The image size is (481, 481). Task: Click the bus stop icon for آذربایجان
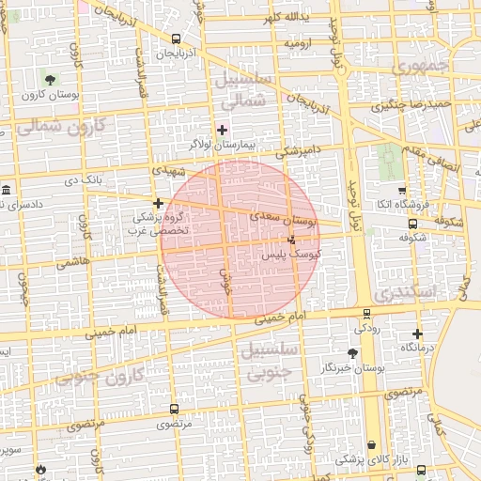click(x=177, y=39)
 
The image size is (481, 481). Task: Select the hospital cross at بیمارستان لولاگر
click(x=222, y=129)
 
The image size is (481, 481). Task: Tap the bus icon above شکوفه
click(x=412, y=224)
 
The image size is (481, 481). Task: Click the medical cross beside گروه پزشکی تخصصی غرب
click(x=159, y=203)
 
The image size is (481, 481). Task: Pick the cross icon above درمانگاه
click(x=417, y=334)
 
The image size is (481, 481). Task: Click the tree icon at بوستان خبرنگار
click(x=351, y=352)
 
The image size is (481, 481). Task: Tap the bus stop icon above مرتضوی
click(x=174, y=409)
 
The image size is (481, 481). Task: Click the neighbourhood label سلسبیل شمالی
click(x=248, y=89)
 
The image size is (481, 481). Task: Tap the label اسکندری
click(x=414, y=292)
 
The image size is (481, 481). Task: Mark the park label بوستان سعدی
click(x=286, y=218)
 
